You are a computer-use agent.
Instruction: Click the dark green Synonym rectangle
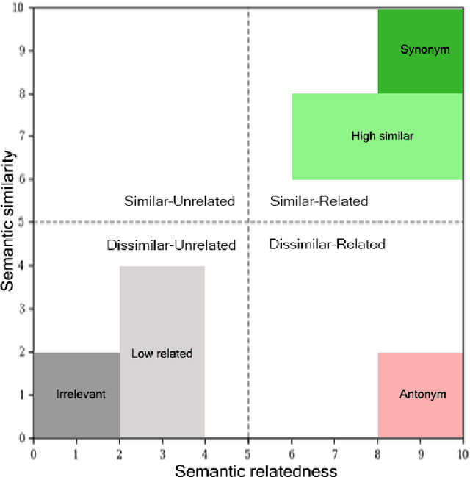click(420, 70)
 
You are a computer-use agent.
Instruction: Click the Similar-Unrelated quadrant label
click(179, 201)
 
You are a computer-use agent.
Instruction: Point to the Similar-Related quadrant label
click(319, 201)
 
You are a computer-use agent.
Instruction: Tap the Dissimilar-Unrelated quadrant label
click(171, 245)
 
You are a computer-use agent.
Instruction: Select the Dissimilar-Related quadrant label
click(327, 244)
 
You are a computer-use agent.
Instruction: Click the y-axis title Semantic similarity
click(10, 220)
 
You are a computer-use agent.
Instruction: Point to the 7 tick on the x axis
click(334, 453)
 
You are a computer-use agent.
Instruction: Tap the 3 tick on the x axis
click(162, 453)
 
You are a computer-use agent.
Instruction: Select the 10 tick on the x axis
click(462, 453)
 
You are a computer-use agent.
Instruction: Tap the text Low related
click(162, 354)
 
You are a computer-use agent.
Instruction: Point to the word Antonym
click(422, 394)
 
